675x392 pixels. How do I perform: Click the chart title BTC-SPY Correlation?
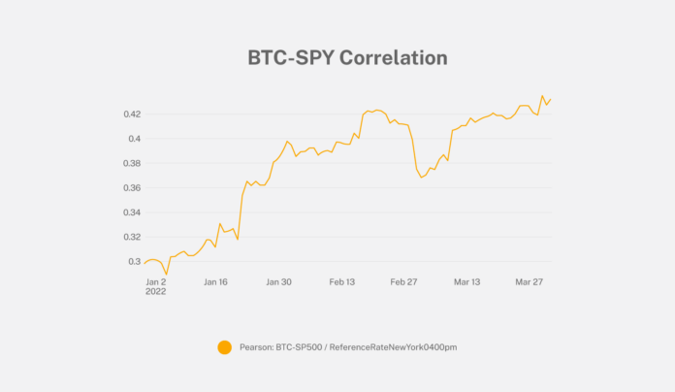(x=346, y=58)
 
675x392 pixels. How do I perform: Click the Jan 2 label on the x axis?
(x=156, y=282)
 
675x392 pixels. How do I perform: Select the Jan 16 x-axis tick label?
(x=215, y=282)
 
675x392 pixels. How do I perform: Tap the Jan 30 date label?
(x=278, y=282)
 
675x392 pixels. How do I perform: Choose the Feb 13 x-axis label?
(x=342, y=282)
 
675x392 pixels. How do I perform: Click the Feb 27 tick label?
(x=403, y=282)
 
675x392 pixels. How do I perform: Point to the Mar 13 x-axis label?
(x=467, y=282)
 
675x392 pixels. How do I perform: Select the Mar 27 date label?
(x=530, y=282)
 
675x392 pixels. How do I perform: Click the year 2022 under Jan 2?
(x=156, y=291)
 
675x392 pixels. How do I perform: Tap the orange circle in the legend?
(x=225, y=346)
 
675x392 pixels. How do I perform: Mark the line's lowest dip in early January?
(x=167, y=274)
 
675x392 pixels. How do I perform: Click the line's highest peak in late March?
(x=542, y=96)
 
